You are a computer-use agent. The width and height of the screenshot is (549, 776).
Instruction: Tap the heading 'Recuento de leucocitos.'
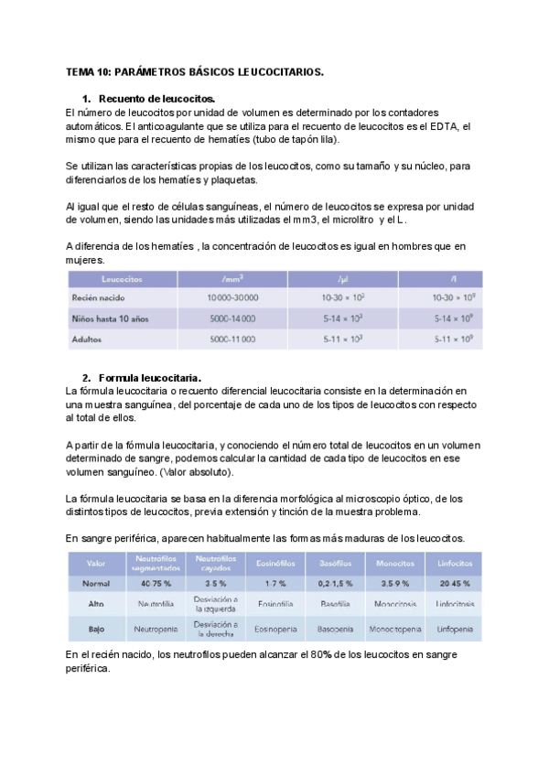pyautogui.click(x=156, y=99)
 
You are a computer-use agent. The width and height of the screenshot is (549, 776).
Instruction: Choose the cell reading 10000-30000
pyautogui.click(x=233, y=297)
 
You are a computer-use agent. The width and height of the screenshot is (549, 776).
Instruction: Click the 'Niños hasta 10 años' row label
pyautogui.click(x=111, y=318)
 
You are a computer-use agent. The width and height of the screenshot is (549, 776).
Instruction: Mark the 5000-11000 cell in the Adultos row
pyautogui.click(x=232, y=339)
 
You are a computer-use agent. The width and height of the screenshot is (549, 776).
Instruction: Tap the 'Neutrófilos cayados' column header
pyautogui.click(x=216, y=562)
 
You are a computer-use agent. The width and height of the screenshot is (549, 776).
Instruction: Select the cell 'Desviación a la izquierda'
pyautogui.click(x=216, y=604)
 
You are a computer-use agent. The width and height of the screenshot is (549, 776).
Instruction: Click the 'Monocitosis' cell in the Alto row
pyautogui.click(x=394, y=604)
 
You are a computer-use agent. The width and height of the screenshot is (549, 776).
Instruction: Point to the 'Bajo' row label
pyautogui.click(x=95, y=630)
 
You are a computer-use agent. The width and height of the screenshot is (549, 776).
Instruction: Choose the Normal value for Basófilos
pyautogui.click(x=335, y=582)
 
